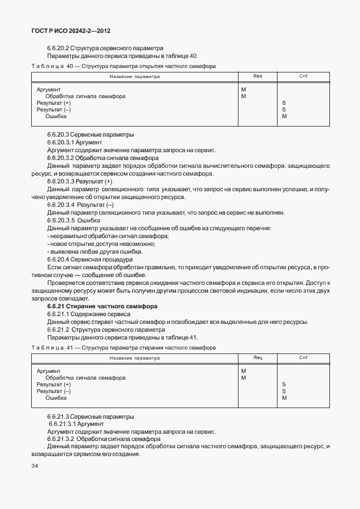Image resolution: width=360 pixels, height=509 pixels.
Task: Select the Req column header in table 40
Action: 257,76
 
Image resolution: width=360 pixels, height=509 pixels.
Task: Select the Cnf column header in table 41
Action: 303,357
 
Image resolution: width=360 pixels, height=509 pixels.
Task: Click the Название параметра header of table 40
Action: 134,76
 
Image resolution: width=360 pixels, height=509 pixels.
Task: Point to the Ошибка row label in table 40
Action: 56,117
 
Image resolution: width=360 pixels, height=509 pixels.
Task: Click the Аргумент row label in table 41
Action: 48,371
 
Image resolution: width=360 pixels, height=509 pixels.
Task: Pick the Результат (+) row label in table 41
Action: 53,384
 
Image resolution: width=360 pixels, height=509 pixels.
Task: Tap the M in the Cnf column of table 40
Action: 284,117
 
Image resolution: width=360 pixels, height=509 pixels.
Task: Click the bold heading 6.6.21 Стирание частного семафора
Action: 102,307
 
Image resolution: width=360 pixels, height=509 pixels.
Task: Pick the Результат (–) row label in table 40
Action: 53,110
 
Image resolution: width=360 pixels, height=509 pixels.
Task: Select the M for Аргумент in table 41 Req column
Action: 244,371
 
